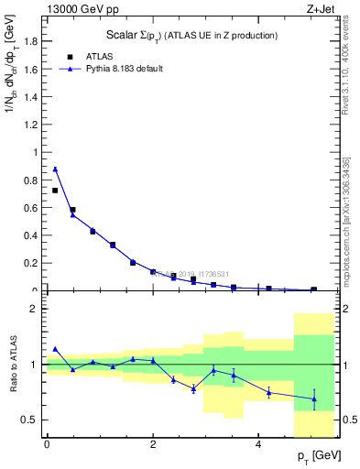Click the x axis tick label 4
259,443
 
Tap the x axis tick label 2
153,443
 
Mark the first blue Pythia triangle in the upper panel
55,169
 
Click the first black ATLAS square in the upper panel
55,191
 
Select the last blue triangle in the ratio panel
314,398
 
